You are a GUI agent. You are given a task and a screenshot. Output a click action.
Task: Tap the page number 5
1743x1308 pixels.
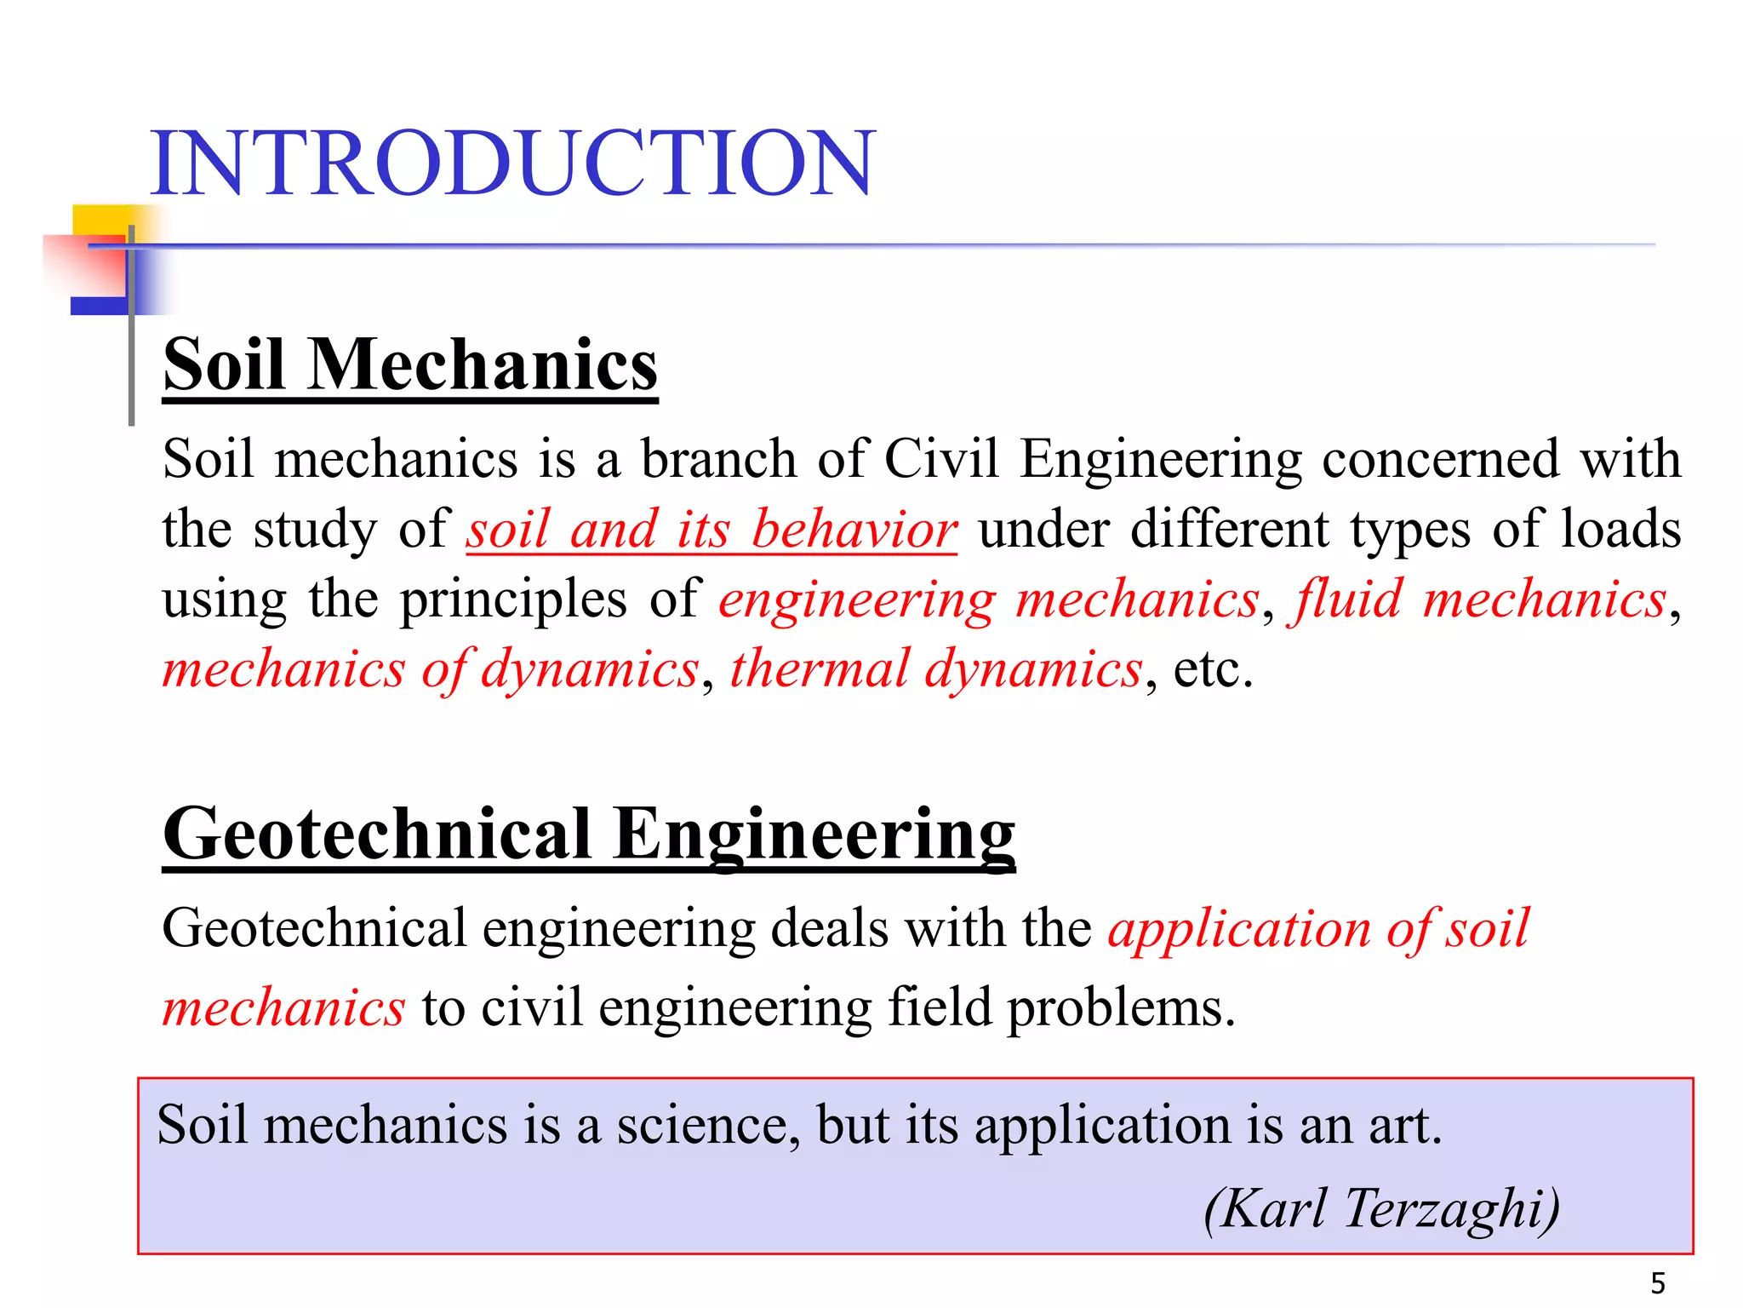pos(1658,1282)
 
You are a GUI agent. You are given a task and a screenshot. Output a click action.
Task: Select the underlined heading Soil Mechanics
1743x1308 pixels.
pos(410,364)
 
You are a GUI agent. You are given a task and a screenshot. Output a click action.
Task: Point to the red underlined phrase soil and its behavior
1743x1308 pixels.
pos(711,530)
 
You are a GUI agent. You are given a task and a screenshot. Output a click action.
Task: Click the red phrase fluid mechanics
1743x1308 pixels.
pos(1477,599)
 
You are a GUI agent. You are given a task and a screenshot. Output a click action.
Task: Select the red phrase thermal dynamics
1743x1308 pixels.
pos(936,668)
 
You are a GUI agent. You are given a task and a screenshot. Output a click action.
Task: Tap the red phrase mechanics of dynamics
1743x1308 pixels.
pos(431,668)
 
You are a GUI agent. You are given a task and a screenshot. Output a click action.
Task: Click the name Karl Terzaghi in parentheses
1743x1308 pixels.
pos(1382,1208)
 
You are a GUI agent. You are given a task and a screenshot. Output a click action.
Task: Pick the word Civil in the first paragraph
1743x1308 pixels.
pos(941,459)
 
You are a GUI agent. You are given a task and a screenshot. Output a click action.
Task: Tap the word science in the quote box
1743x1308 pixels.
pos(708,1125)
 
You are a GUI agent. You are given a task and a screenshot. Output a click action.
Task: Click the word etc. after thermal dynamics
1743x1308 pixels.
pos(1214,669)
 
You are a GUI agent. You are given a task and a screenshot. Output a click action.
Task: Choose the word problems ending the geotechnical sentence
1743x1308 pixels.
pos(1120,1008)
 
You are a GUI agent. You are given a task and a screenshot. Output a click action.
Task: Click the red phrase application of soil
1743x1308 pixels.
pos(1317,928)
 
